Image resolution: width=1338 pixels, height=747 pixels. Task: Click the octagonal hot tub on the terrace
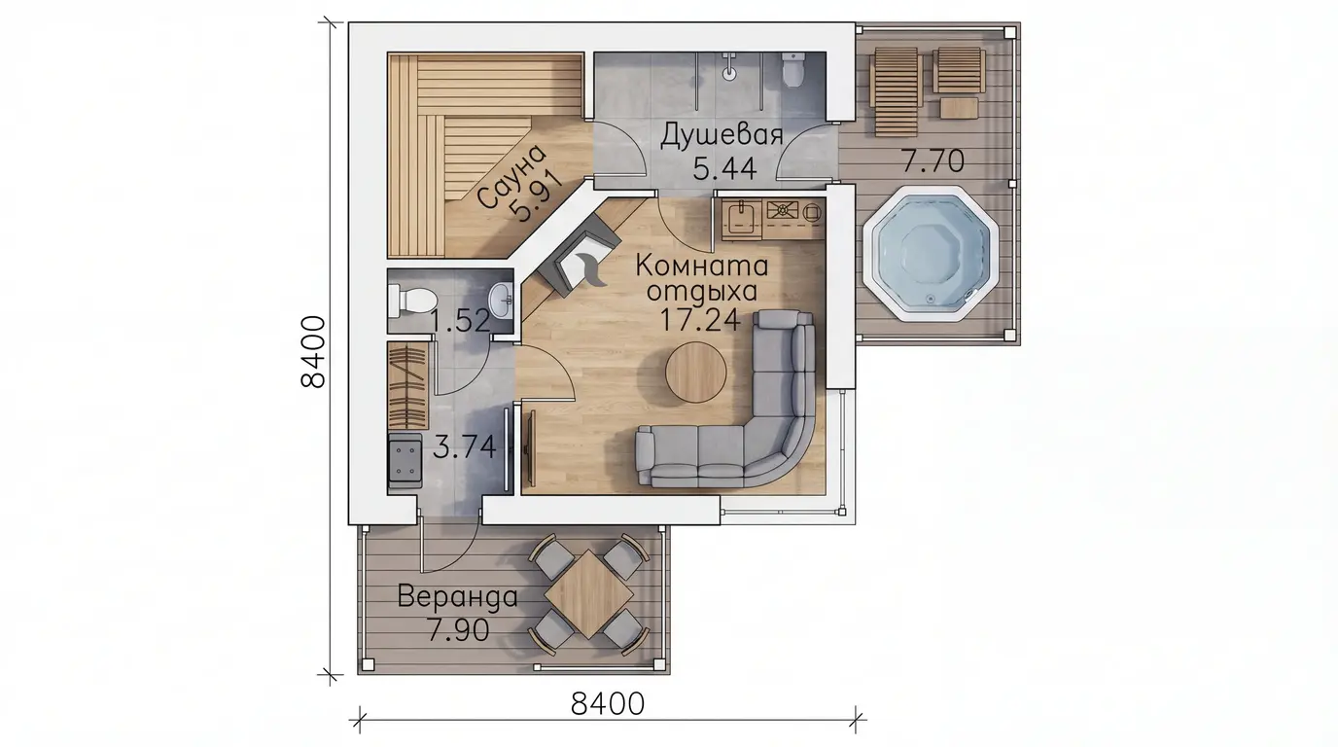[930, 254]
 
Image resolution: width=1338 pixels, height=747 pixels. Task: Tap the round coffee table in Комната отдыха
[696, 373]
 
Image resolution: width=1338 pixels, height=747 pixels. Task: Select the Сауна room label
[512, 177]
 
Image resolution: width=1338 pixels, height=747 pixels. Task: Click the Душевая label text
[721, 135]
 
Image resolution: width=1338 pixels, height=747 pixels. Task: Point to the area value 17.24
[700, 319]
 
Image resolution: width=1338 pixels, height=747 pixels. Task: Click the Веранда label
[458, 596]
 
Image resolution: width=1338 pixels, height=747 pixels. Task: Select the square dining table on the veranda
[589, 594]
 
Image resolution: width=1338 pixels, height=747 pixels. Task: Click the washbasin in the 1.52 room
[502, 300]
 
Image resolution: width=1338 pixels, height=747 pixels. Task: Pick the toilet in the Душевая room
[793, 69]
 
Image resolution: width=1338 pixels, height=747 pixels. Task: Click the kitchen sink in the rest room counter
[741, 219]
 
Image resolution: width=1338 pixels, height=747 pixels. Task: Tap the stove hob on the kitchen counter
[783, 210]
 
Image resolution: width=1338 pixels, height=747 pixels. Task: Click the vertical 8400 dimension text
[313, 351]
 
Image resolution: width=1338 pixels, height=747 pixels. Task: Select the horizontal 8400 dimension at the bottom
[608, 704]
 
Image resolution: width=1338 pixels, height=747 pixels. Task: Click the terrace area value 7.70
[932, 160]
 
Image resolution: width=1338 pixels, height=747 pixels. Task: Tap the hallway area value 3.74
[464, 446]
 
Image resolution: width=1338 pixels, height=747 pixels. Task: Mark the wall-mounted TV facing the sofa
[529, 448]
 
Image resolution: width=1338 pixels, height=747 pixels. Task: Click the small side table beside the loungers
[960, 108]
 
